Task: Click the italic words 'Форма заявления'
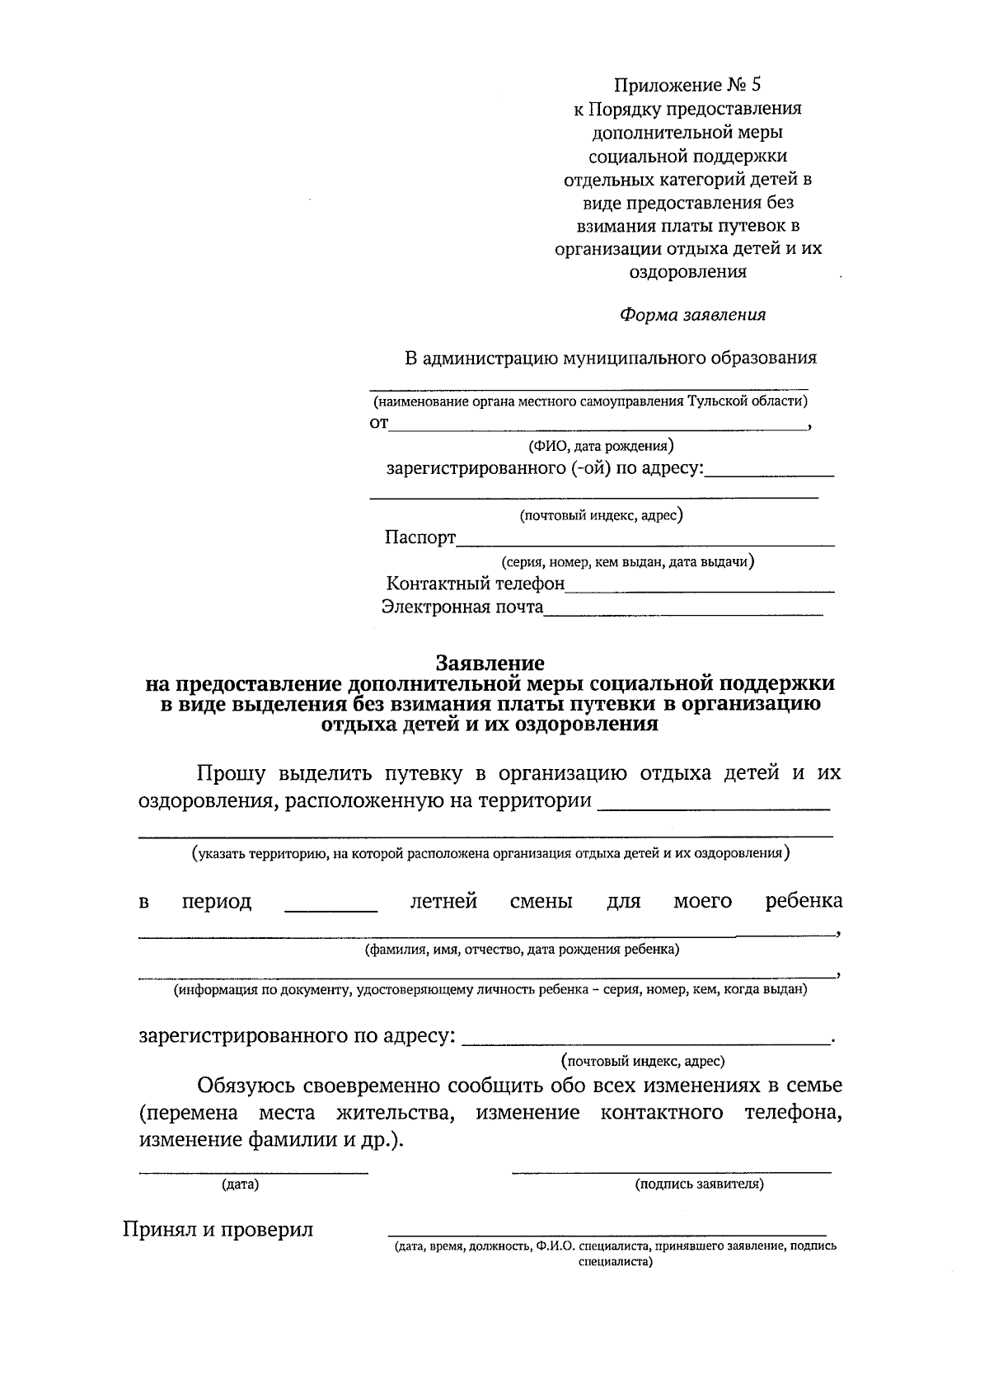click(x=692, y=315)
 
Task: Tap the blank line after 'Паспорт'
click(x=644, y=544)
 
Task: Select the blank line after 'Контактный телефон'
click(x=700, y=590)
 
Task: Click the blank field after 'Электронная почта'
click(x=683, y=613)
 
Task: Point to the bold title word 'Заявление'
click(x=490, y=663)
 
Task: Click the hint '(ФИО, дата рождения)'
click(x=601, y=447)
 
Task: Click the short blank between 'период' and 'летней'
click(x=330, y=909)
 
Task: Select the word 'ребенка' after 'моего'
click(x=804, y=901)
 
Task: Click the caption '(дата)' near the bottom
click(x=240, y=1185)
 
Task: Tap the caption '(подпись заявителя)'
click(x=699, y=1185)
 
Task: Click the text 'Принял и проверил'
click(x=218, y=1230)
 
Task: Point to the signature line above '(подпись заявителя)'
click(x=671, y=1171)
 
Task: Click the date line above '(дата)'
click(x=252, y=1171)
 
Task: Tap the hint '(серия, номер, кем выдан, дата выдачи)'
click(x=628, y=562)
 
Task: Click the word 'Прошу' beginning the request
click(x=231, y=773)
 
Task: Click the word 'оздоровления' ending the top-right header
click(x=688, y=272)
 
